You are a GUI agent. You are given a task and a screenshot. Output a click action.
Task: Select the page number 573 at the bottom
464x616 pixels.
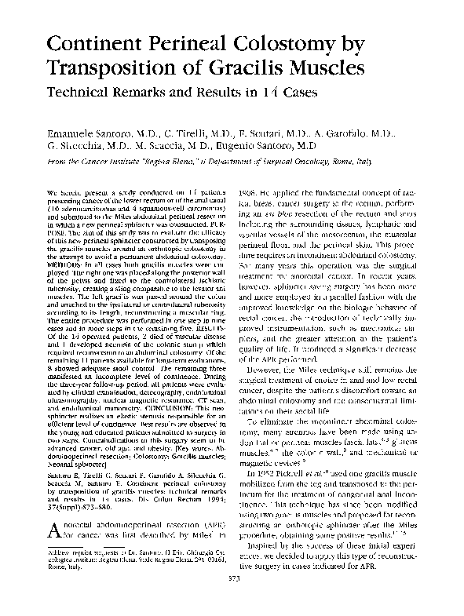[x=232, y=600]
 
